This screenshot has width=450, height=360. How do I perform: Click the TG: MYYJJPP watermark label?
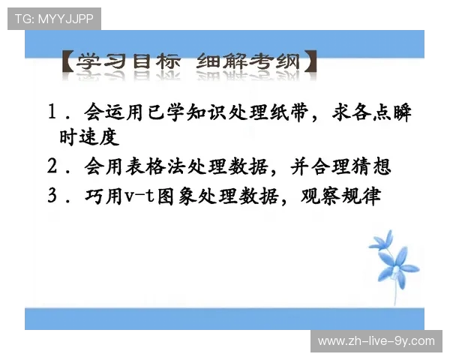click(x=54, y=19)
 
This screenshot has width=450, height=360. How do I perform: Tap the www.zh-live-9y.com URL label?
click(x=376, y=340)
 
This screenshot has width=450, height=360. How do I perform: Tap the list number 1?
click(x=52, y=112)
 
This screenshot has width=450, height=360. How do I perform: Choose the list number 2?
click(x=52, y=166)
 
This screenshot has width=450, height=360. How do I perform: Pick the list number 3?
click(x=52, y=196)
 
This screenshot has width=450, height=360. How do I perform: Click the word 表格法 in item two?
click(x=169, y=166)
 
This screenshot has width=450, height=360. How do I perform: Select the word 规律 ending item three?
click(x=363, y=196)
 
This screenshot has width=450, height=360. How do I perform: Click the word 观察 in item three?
click(x=319, y=196)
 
